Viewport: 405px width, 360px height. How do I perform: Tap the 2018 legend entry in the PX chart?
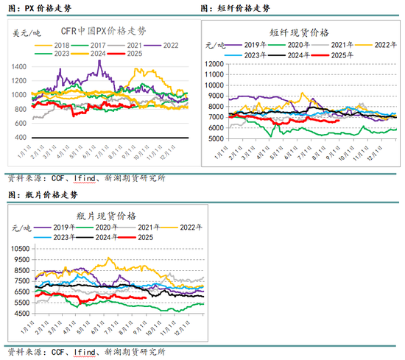(x=52, y=45)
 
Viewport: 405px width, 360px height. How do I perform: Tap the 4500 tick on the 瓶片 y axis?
(x=21, y=313)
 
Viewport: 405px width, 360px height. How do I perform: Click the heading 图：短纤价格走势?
(x=235, y=8)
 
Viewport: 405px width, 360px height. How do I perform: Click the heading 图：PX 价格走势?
(x=35, y=8)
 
